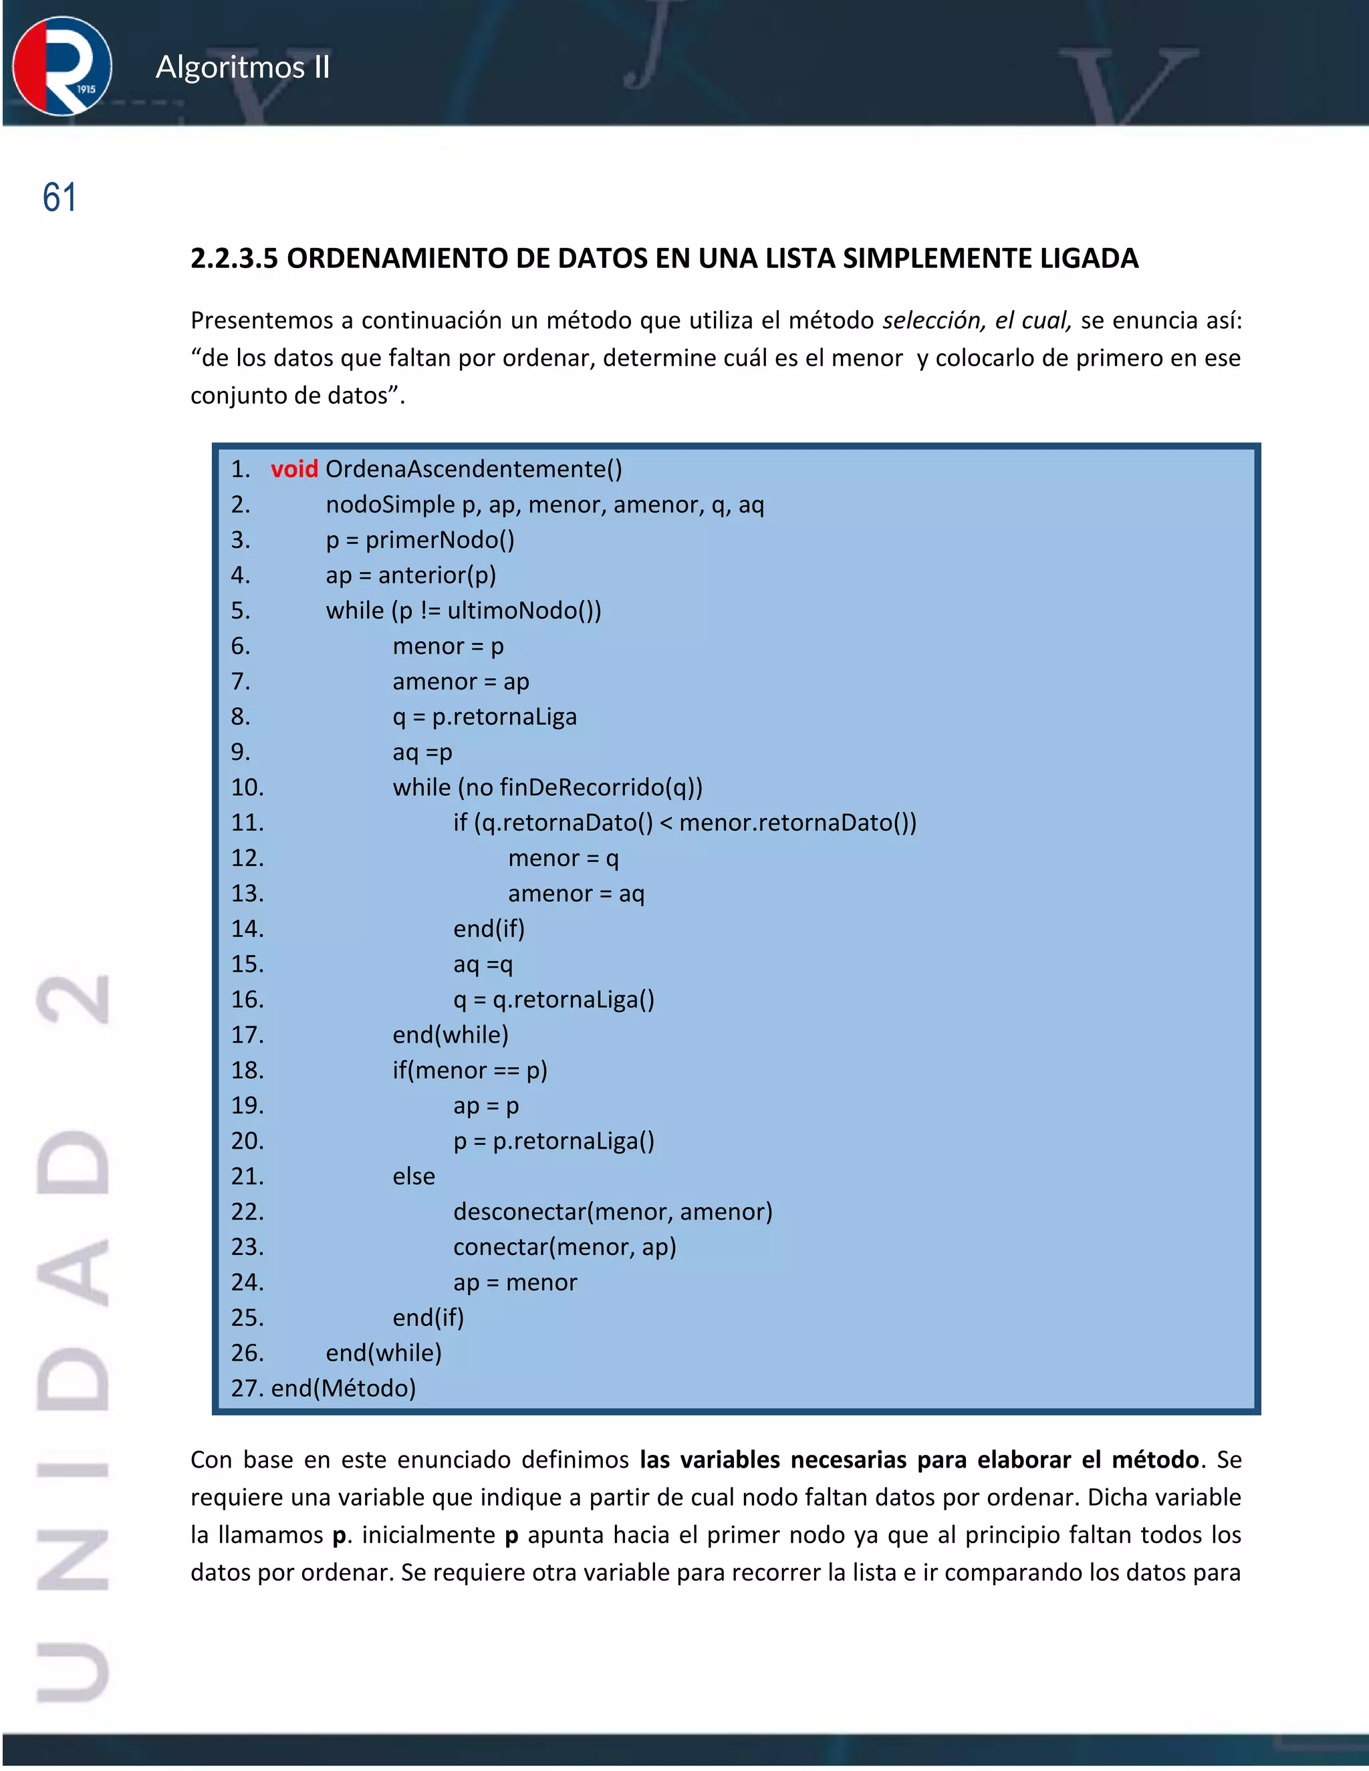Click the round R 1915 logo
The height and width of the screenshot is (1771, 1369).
click(x=62, y=65)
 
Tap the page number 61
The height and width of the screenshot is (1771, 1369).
click(x=59, y=198)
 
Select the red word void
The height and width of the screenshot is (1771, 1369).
click(x=293, y=468)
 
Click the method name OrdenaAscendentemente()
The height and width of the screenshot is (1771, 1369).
click(x=474, y=468)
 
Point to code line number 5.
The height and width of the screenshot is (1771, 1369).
click(x=240, y=609)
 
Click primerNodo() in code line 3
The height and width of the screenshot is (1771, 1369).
click(x=440, y=540)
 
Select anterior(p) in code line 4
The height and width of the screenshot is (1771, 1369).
click(x=437, y=575)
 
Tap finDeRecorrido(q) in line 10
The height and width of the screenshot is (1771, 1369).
click(x=597, y=787)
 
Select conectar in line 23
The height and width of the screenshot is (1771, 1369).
click(x=499, y=1247)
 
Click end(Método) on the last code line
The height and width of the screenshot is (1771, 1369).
click(x=343, y=1388)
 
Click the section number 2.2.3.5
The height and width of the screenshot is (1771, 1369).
click(x=233, y=259)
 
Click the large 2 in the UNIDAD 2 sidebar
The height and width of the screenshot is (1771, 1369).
click(x=73, y=1000)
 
